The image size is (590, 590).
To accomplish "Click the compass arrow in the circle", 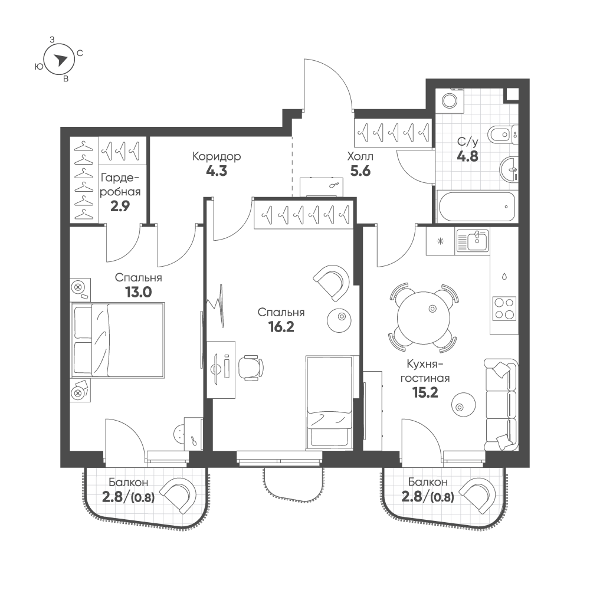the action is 60,60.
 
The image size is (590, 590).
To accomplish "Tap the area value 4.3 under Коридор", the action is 217,171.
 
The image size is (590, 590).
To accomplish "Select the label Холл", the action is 360,156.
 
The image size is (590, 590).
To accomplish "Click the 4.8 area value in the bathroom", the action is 468,156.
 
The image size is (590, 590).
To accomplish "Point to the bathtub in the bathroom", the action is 476,207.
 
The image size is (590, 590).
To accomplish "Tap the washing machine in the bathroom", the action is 450,100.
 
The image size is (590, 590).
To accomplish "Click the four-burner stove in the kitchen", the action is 504,308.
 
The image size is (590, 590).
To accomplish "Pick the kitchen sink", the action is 473,241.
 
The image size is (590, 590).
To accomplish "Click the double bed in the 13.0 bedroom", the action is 118,340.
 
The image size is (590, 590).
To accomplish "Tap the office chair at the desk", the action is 251,366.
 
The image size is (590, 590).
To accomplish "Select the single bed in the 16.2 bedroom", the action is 329,402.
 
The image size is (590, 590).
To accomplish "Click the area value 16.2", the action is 281,327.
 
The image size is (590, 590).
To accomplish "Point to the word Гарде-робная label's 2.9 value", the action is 120,206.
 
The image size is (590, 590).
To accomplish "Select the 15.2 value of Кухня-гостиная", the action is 425,392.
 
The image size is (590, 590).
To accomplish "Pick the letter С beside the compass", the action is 80,54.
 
